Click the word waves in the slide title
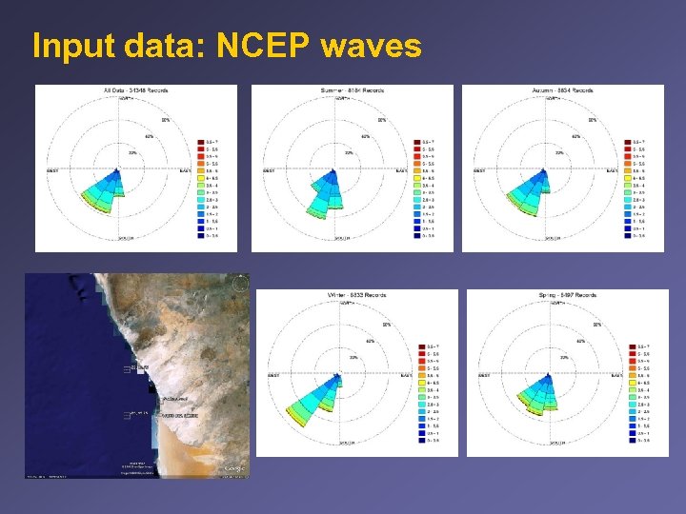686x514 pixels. point(372,46)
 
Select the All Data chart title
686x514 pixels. point(136,91)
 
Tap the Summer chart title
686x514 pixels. point(353,91)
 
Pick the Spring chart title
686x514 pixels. point(569,296)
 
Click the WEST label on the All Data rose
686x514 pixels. point(54,171)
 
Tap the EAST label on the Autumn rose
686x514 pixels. point(610,171)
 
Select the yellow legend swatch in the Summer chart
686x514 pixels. point(417,178)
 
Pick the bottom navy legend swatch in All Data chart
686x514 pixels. point(202,235)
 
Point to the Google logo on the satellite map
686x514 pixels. point(233,468)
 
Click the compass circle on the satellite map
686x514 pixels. point(239,283)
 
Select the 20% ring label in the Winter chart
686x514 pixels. point(353,357)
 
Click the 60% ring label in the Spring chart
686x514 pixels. point(580,340)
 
